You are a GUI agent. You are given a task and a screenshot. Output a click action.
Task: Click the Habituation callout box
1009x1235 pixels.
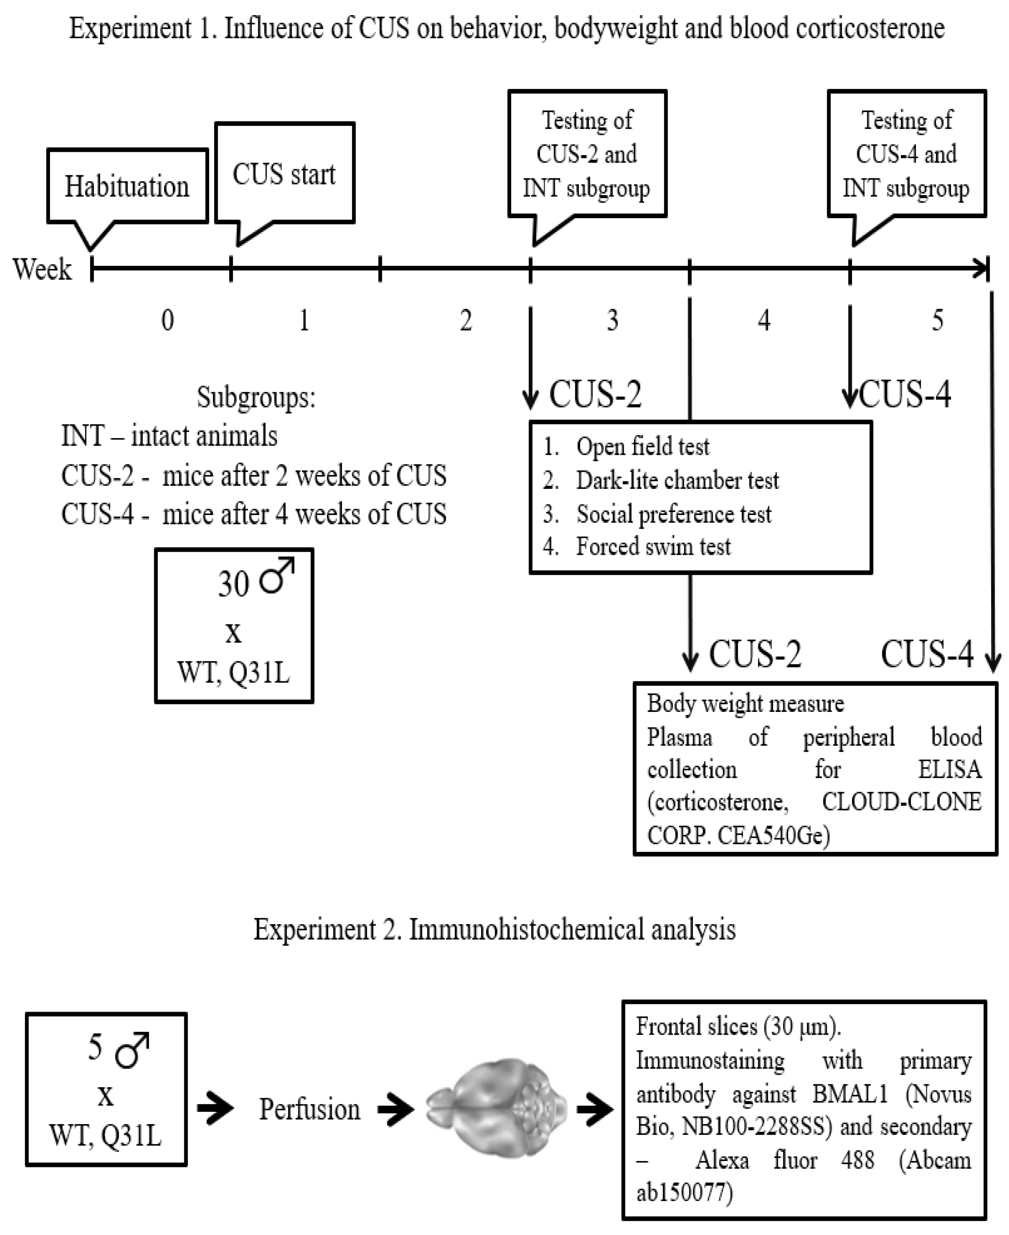coord(127,186)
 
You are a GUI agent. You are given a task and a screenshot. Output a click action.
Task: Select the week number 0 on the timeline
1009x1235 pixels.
coord(167,320)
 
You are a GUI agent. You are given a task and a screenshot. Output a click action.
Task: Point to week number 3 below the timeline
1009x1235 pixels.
coord(612,320)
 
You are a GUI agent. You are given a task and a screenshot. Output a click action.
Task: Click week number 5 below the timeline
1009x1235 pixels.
coord(937,320)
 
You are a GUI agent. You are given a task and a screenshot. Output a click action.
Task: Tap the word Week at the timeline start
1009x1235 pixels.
coord(42,269)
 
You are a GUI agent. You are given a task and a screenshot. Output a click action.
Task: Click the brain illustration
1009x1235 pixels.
coord(496,1109)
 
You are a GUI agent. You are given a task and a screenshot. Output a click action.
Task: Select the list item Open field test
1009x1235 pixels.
coord(642,446)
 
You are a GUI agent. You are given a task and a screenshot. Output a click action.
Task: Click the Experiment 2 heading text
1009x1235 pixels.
coord(495,929)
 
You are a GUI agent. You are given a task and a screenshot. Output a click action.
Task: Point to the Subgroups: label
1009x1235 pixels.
coord(256,398)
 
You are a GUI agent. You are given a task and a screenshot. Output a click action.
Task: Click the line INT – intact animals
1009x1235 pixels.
coord(169,436)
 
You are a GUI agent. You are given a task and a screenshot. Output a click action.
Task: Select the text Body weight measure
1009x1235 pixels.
coord(745,704)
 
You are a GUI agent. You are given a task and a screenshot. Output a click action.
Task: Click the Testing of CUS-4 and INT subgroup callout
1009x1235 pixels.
coord(906,154)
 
